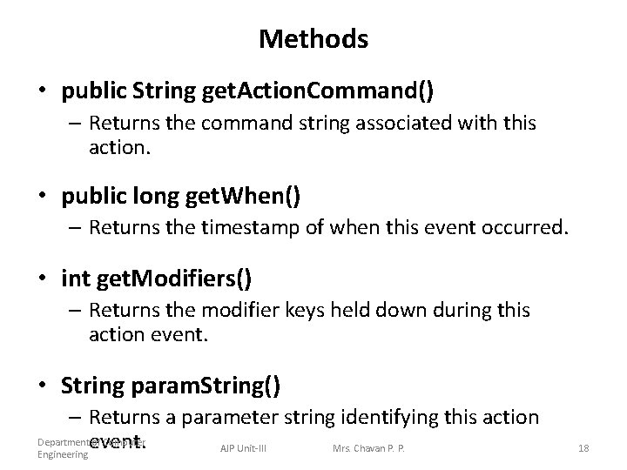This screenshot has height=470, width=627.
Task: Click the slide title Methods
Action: [313, 39]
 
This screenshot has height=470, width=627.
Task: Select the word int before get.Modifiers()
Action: [73, 279]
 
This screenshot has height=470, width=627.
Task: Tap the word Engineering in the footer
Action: [62, 454]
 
